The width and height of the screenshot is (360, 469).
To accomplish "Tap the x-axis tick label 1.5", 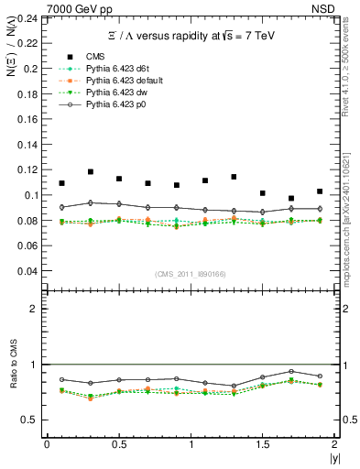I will coord(263,444).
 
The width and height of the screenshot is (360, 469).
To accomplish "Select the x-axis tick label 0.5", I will coord(119,444).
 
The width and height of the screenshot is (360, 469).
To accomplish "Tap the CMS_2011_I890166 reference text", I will coord(191,274).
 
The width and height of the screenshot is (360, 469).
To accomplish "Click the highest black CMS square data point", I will coord(91,171).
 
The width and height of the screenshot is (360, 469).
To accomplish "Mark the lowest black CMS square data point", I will coord(291,198).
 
